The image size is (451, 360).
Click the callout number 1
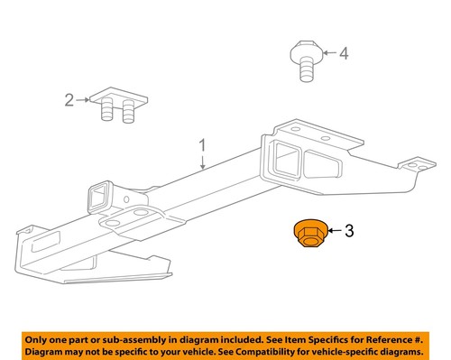203,144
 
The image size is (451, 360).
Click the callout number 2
68,101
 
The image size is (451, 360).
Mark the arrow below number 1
203,162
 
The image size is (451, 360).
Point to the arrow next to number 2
83,101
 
